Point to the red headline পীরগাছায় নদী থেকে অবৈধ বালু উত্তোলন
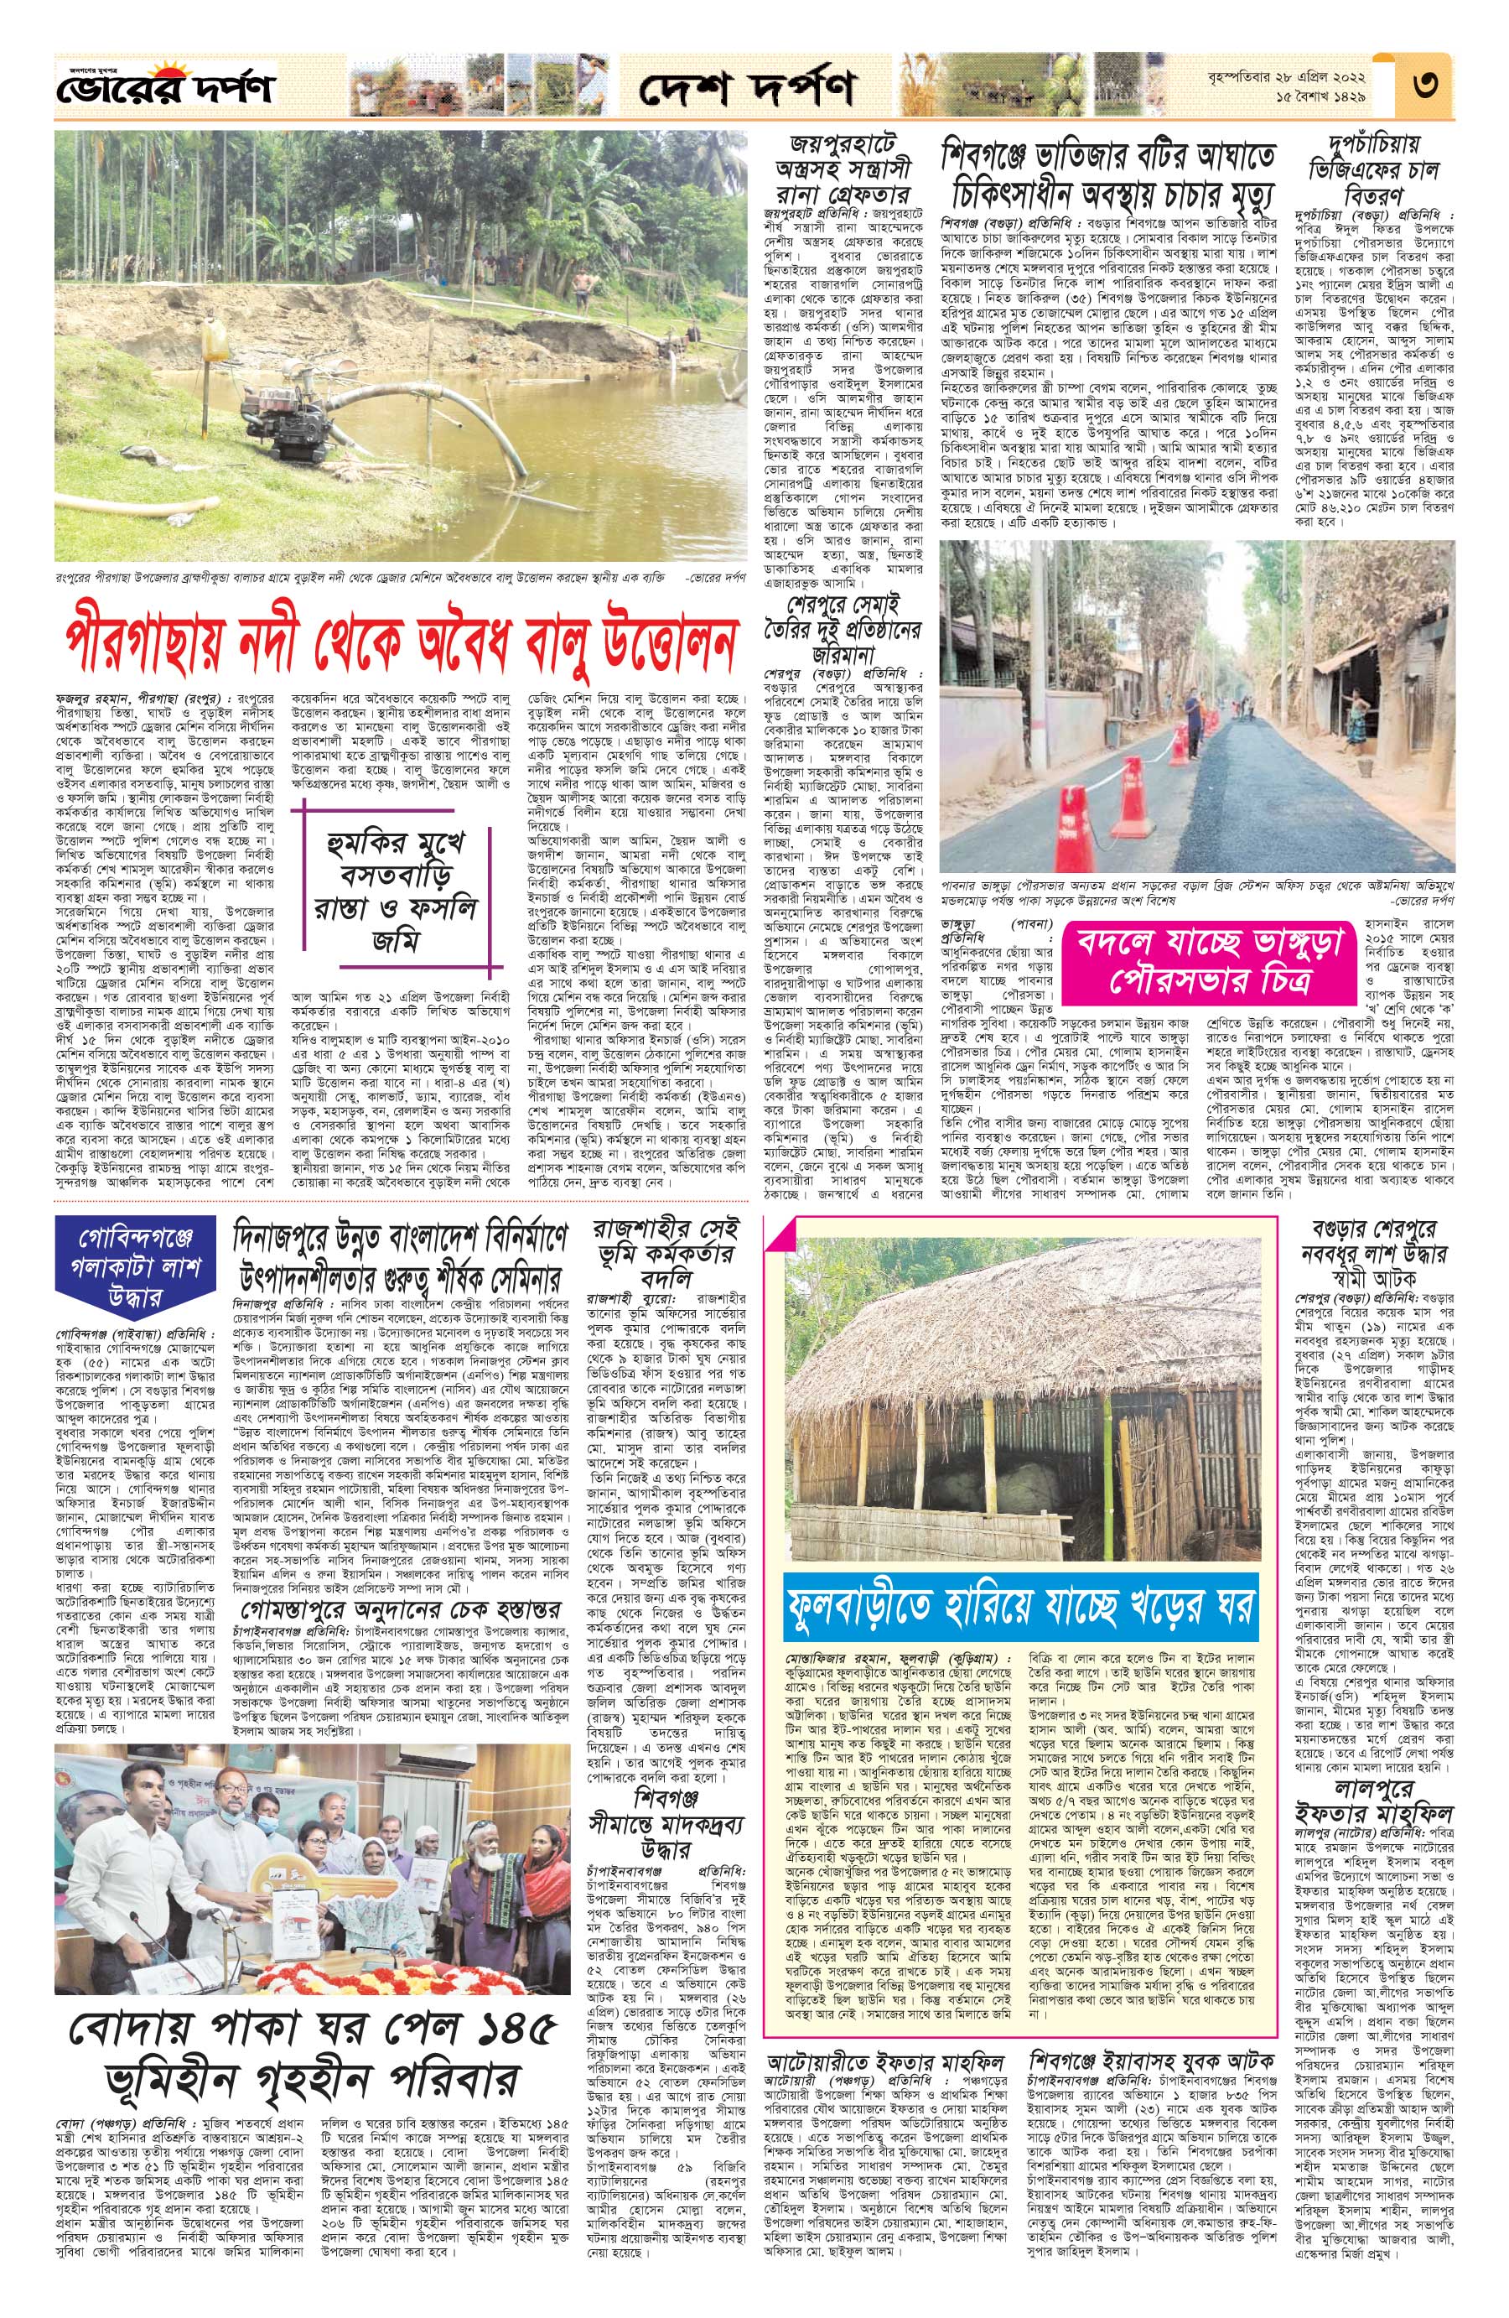399,642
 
